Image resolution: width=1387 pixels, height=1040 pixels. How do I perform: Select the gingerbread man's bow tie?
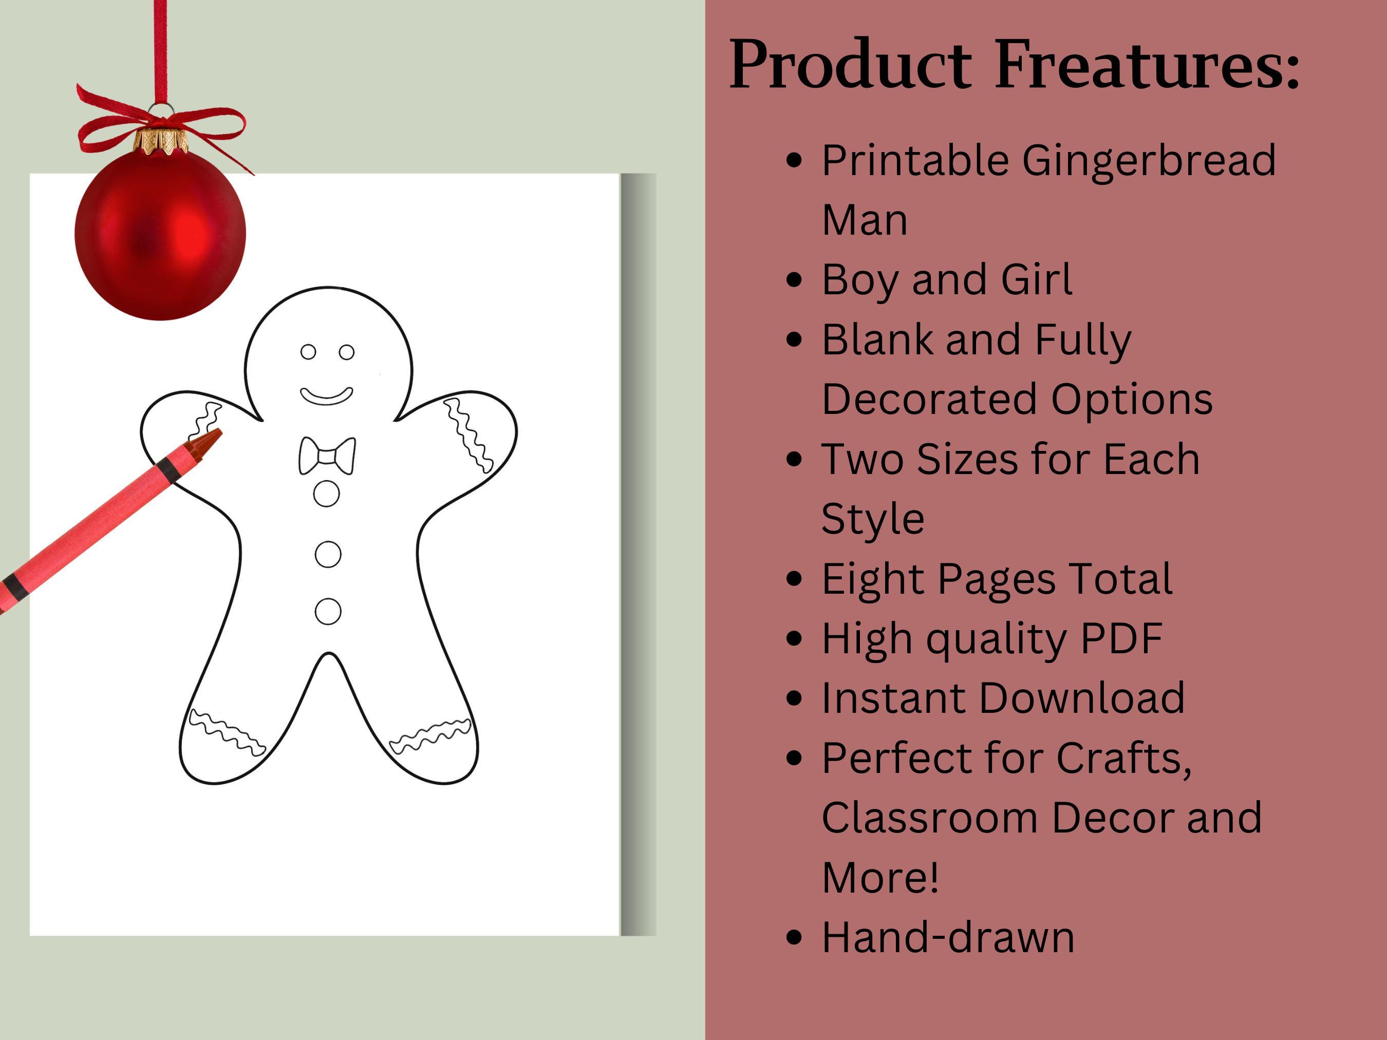pyautogui.click(x=327, y=456)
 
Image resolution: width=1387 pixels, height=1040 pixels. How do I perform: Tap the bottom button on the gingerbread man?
pyautogui.click(x=327, y=611)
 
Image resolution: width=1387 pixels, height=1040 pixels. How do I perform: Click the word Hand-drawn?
pyautogui.click(x=947, y=937)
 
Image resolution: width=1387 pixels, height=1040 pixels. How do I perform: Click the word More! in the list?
pyautogui.click(x=880, y=878)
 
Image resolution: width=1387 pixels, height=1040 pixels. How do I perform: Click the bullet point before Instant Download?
pyautogui.click(x=794, y=698)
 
